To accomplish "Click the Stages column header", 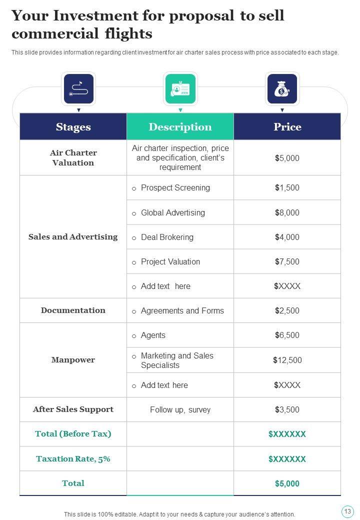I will (73, 127).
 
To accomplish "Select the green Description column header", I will (180, 127).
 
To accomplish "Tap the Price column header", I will (287, 127).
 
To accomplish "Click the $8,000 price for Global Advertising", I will (287, 212).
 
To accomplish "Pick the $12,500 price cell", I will (287, 360).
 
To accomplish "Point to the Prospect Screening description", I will (175, 188).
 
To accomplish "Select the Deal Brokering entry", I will (167, 237).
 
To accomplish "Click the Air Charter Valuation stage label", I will (73, 157).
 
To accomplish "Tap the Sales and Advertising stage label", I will (73, 237).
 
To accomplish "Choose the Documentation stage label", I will (73, 310).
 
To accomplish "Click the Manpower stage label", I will (73, 360).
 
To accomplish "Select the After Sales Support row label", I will (73, 409).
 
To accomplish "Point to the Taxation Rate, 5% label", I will (73, 459).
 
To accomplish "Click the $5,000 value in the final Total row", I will (287, 483).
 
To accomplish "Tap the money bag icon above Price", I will (282, 89).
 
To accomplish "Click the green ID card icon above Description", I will (180, 89).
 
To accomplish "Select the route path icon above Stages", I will (78, 89).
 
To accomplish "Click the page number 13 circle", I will (347, 511).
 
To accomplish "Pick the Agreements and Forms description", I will (182, 311).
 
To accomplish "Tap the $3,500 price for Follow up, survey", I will (287, 410).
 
